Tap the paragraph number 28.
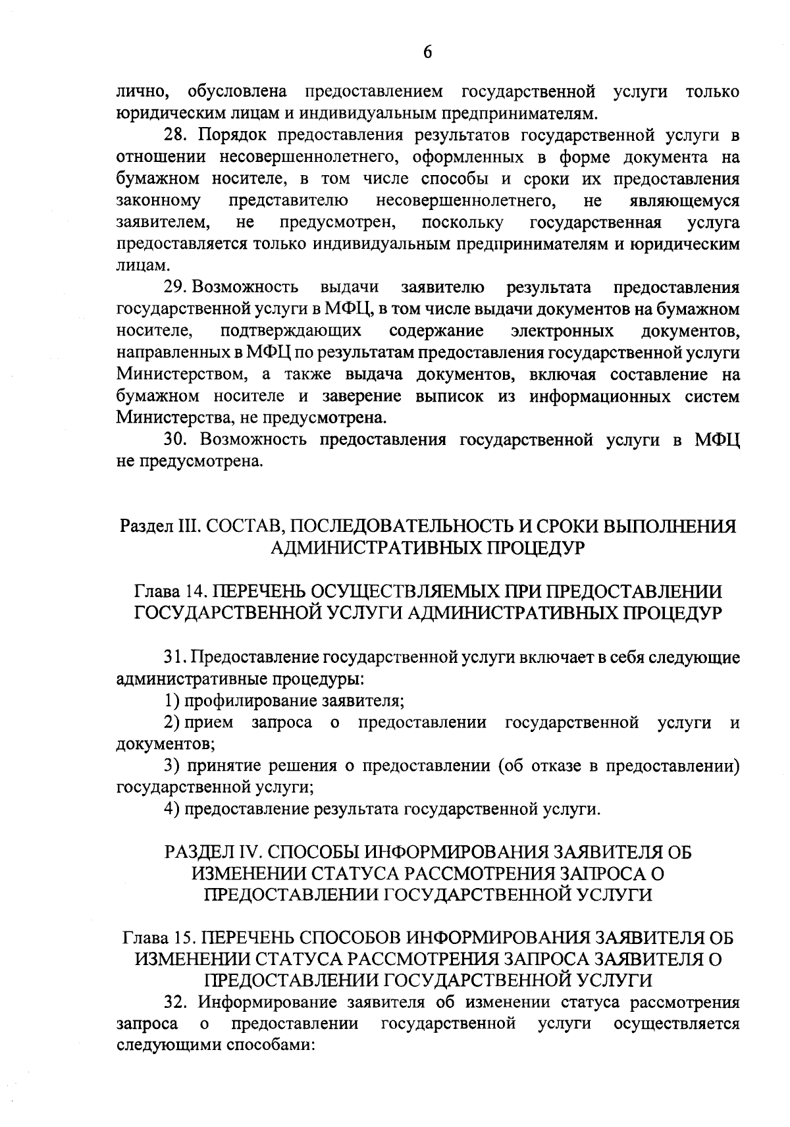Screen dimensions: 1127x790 [176, 136]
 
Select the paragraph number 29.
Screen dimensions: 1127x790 [174, 288]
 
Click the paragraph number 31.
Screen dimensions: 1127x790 [174, 657]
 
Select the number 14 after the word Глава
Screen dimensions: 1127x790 [196, 591]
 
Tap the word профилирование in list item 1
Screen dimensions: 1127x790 [251, 700]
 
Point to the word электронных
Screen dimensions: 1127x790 [562, 331]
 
